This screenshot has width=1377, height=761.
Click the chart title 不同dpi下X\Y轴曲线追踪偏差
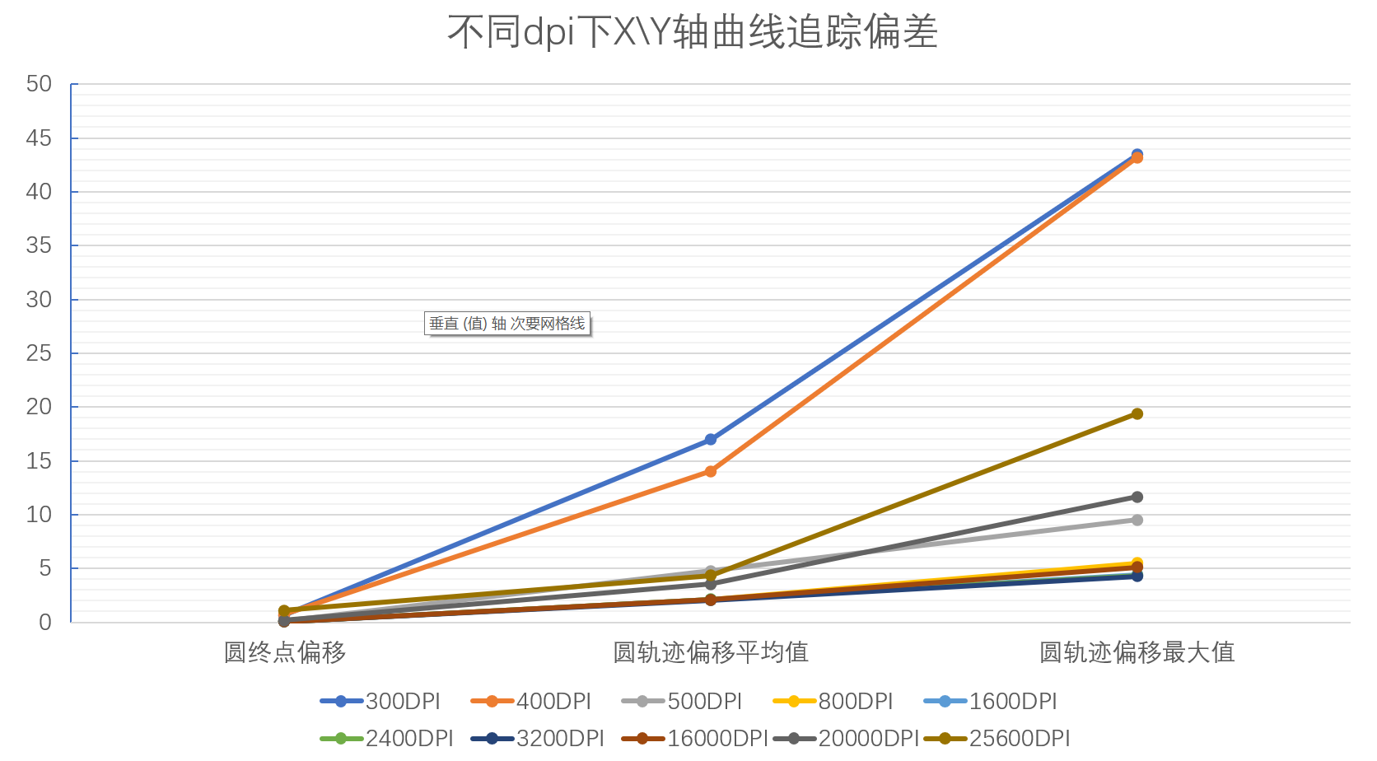point(692,33)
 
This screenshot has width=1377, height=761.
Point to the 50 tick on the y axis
point(39,84)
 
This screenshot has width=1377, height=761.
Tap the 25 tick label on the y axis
point(39,353)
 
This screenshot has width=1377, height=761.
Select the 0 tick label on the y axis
point(45,623)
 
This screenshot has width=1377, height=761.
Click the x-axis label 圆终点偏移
point(285,652)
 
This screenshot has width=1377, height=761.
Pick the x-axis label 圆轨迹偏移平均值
point(711,652)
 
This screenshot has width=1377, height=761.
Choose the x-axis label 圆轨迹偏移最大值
point(1137,652)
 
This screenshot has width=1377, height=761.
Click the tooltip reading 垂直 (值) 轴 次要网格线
point(507,324)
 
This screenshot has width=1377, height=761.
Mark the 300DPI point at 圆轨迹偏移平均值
point(711,440)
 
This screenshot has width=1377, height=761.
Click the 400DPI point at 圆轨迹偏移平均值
point(711,471)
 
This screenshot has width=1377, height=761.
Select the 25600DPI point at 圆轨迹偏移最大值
point(1137,413)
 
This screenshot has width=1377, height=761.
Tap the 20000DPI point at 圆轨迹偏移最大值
point(1137,497)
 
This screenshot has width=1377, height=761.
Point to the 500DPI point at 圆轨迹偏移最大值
point(1137,520)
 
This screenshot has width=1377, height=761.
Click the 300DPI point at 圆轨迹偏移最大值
point(1137,154)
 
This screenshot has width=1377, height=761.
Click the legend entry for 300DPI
point(380,702)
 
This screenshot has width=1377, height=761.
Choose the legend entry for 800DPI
point(833,702)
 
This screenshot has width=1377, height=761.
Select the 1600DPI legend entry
point(991,702)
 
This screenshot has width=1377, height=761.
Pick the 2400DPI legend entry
point(387,738)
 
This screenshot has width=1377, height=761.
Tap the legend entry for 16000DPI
point(695,738)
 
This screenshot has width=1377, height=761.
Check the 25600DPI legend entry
point(997,738)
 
